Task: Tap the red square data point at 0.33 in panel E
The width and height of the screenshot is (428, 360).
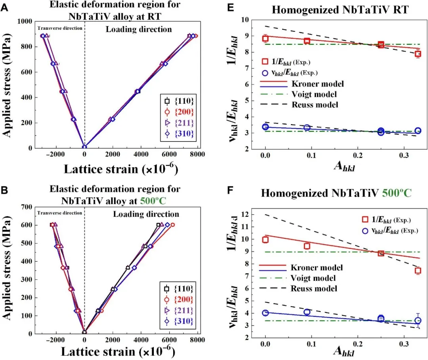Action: pos(418,54)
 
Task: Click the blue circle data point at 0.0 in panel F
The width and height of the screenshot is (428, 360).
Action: pos(265,313)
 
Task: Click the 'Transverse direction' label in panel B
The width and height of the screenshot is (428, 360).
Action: pos(59,213)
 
